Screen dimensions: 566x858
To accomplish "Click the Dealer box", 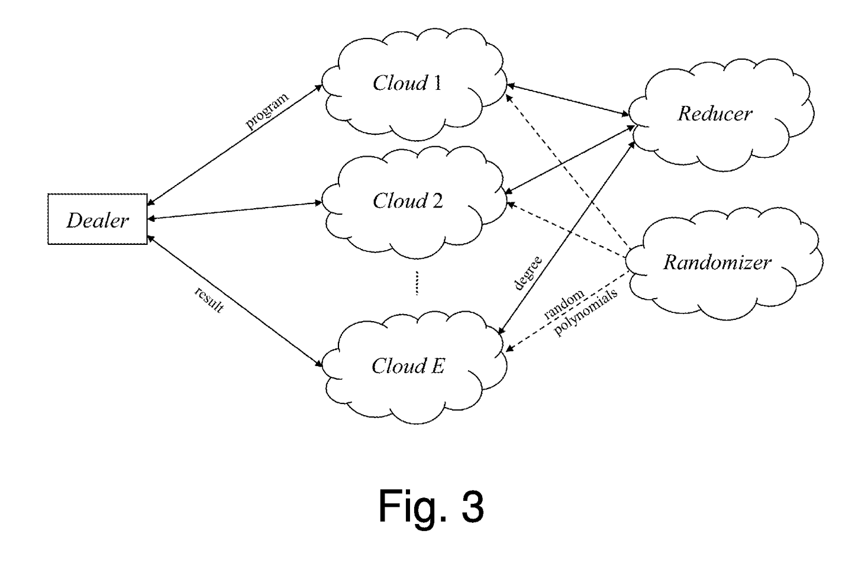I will tap(98, 219).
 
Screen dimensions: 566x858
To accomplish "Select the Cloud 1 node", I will tap(408, 83).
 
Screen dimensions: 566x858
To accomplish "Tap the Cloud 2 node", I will tap(408, 201).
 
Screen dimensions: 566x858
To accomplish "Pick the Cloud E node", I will tap(408, 367).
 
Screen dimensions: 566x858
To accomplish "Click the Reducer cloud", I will tap(715, 114).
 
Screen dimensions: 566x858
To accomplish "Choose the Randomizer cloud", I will tap(717, 262).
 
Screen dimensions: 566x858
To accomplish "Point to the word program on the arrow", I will tap(267, 111).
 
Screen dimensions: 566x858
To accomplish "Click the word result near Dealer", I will tap(209, 300).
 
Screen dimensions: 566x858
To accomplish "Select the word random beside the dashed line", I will tap(564, 305).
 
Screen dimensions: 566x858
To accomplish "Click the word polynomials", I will tap(586, 312).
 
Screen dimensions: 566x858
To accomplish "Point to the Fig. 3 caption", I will tap(431, 506).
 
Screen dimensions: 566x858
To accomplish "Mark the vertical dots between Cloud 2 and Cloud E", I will tap(417, 283).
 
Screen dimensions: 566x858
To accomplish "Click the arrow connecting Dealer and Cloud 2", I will tap(234, 211).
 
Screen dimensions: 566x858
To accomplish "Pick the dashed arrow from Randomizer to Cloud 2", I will tap(567, 231).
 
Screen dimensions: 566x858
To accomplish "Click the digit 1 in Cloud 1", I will tap(437, 83).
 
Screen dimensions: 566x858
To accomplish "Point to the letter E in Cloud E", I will tap(437, 367).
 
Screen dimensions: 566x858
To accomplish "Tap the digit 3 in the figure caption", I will tap(472, 506).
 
